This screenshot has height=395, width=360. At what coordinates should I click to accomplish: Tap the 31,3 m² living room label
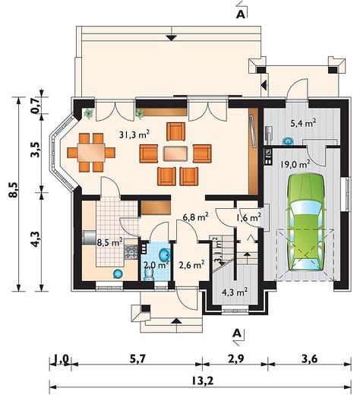pos(134,134)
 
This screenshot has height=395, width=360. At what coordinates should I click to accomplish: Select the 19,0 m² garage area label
pos(295,164)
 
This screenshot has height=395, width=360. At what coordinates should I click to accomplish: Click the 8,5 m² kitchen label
pos(110,242)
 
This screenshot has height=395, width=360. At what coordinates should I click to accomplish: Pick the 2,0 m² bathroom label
pos(156,265)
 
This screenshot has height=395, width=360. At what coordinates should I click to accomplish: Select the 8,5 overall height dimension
pos(14,190)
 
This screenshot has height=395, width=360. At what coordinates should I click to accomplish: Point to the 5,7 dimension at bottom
pos(137,359)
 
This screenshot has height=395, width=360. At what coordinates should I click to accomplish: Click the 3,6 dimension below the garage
pos(309,359)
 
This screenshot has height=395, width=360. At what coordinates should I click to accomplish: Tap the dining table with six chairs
pos(91,153)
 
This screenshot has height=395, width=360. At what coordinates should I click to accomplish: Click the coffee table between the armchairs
pos(175,153)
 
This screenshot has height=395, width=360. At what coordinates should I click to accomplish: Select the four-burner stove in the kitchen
pos(131,251)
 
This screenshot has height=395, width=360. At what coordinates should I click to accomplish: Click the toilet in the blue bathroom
pos(149,274)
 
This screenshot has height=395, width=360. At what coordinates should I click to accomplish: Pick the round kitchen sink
pos(118,273)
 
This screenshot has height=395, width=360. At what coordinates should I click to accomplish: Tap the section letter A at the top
pos(241,14)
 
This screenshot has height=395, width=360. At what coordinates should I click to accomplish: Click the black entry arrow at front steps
pos(176,321)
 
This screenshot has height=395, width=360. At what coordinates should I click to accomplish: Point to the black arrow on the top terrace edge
pos(172,38)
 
